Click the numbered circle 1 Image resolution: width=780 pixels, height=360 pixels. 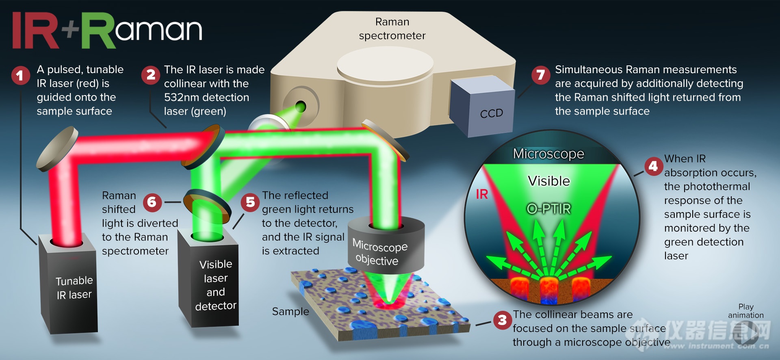point(20,76)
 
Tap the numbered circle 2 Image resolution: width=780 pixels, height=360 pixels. point(151,75)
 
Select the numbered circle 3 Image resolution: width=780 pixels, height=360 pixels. point(503,320)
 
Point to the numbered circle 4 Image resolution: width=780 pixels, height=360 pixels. point(654,166)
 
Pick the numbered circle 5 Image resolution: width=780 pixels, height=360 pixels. point(250,202)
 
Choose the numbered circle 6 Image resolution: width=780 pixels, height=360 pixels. point(152,202)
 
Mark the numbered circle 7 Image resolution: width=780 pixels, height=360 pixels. point(541,75)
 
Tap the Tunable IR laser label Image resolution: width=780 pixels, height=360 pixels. point(74,287)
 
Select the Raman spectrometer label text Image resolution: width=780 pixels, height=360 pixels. point(392,28)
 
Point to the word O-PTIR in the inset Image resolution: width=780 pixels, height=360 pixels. point(549,209)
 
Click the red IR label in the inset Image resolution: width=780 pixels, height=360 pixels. point(482,194)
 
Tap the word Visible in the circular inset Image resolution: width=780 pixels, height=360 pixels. point(549,181)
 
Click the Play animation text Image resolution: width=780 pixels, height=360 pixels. point(746,311)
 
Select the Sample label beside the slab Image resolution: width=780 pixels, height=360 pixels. point(290,312)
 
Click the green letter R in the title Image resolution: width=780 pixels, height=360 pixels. point(99,30)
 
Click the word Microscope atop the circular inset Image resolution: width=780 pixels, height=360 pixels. point(548,154)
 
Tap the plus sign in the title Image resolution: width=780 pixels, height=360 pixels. point(70,30)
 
